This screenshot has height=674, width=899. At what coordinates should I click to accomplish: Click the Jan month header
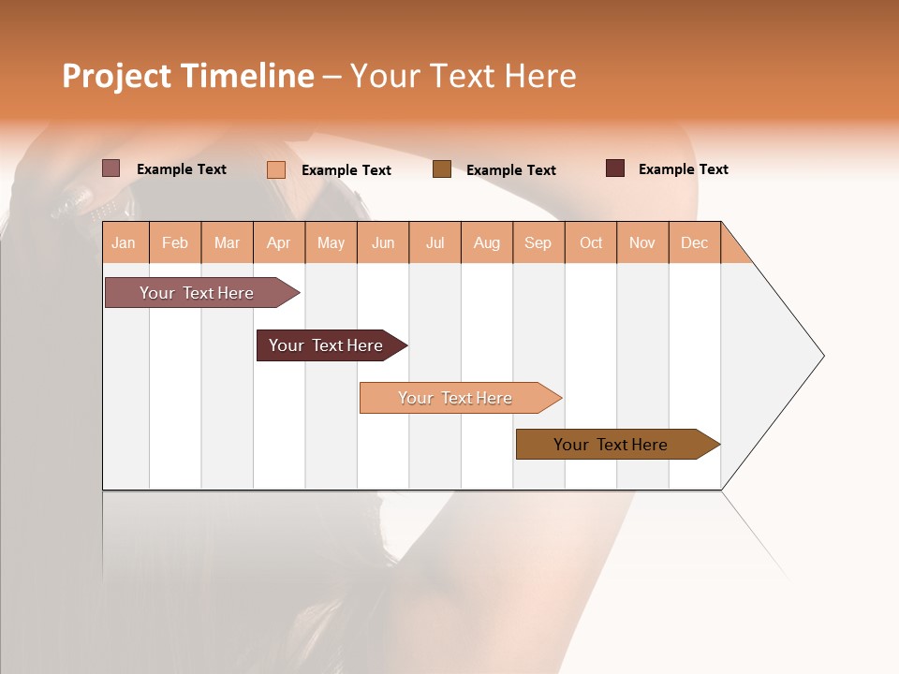pos(125,242)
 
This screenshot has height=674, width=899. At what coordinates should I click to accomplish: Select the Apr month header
pos(279,242)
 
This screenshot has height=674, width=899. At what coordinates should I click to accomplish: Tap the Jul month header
pos(435,242)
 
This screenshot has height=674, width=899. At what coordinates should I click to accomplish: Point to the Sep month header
pos(538,242)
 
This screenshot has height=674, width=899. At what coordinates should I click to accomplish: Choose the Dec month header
pos(695,242)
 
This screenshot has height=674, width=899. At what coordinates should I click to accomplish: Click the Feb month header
pos(175,242)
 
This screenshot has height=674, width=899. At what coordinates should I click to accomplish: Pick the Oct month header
pos(591,242)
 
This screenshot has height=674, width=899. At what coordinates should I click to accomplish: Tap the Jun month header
pos(383,242)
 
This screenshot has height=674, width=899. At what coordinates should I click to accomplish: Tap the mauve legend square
pos(111,168)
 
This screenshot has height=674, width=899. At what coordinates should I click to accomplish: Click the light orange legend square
pos(276,169)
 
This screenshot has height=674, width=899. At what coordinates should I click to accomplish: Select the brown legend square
pos(442,169)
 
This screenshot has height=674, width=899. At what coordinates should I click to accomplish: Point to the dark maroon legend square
pos(615,168)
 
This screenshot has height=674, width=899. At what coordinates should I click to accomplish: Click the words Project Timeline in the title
pos(188,76)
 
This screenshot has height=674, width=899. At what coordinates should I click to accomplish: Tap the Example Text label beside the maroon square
pos(684,169)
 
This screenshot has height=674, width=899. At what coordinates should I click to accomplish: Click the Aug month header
pos(487,242)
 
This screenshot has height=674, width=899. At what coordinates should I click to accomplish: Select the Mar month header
pos(227,242)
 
